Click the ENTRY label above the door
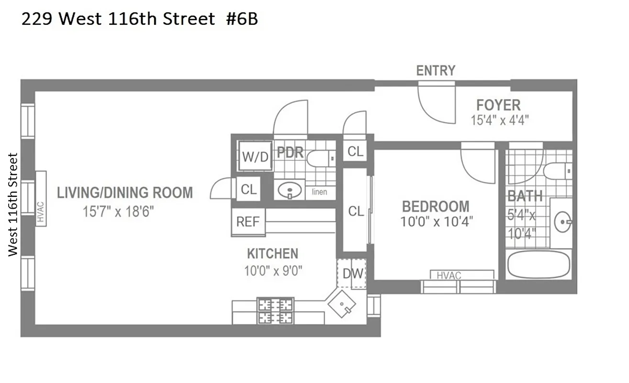(436, 71)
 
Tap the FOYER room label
(498, 105)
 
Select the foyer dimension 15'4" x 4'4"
(500, 120)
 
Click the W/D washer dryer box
(256, 156)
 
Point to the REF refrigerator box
(248, 222)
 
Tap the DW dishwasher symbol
(352, 274)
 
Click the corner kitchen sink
(342, 304)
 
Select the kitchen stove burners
(275, 311)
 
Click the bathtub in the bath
(539, 264)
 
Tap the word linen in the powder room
(319, 192)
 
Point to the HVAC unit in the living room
(40, 199)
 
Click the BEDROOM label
(436, 207)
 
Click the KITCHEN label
(272, 254)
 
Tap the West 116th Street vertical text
(13, 205)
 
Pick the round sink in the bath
(562, 222)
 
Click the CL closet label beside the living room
(248, 190)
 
